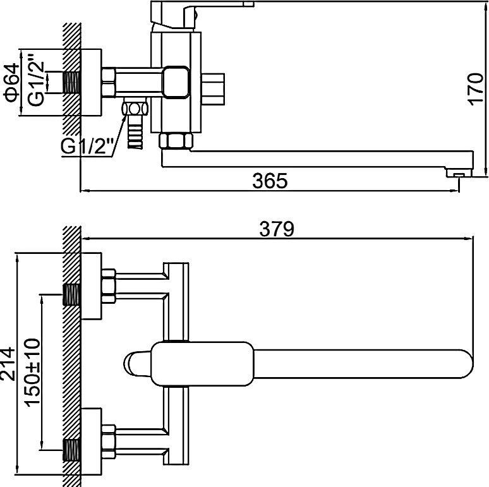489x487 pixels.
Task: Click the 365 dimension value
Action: tap(270, 181)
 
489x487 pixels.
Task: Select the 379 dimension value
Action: tap(277, 229)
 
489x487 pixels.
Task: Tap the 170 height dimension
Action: tap(476, 90)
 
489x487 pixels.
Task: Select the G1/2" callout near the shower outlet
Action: tap(87, 146)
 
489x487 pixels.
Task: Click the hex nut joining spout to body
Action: tap(176, 141)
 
